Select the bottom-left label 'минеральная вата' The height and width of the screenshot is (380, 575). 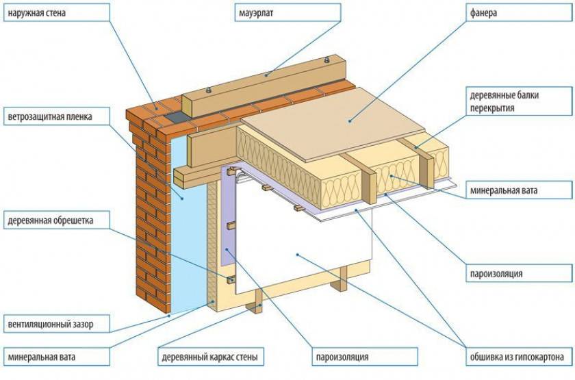point(42,357)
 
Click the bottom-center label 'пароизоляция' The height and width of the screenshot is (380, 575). point(342,357)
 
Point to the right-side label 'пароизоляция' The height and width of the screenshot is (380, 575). point(496,274)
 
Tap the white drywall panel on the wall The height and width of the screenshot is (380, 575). point(301,246)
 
